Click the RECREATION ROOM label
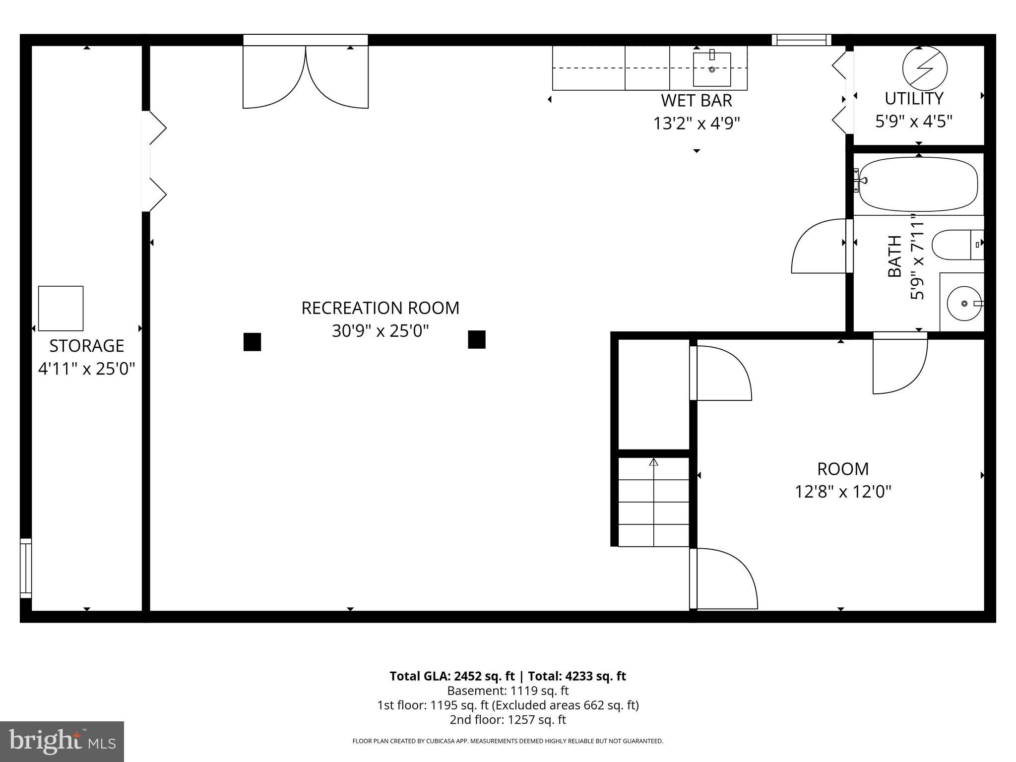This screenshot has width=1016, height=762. (x=380, y=308)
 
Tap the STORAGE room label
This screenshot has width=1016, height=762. (x=86, y=346)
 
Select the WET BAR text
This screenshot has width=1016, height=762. (x=696, y=101)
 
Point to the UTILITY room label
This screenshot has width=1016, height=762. (x=914, y=99)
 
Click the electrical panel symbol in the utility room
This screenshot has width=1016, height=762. (x=924, y=68)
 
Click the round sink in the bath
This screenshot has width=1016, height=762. (x=963, y=303)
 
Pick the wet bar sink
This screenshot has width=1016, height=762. (x=711, y=69)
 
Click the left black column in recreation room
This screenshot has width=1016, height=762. (x=252, y=342)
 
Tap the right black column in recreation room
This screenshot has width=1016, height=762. (x=476, y=339)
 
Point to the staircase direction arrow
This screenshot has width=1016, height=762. (x=653, y=462)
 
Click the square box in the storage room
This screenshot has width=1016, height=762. (x=61, y=308)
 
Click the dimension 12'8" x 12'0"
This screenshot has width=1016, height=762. (x=843, y=492)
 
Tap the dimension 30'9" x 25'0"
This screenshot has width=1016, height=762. (x=380, y=331)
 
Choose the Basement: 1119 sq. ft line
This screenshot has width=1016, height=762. (x=508, y=691)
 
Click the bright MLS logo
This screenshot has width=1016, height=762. (x=62, y=741)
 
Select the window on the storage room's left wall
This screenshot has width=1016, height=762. (x=25, y=568)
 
